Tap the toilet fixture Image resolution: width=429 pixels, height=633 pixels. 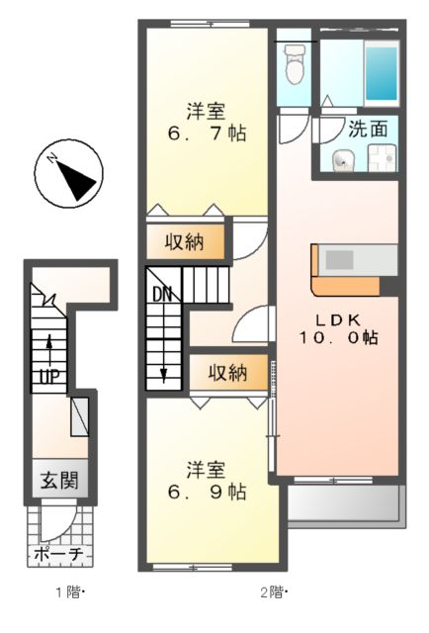click(294, 67)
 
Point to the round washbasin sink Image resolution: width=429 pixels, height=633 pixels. click(343, 159)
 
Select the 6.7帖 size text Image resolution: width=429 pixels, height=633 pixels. click(206, 133)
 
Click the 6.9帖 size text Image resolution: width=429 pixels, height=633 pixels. click(206, 490)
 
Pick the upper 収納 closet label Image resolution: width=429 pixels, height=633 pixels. click(185, 243)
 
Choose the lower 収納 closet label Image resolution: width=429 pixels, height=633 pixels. click(228, 373)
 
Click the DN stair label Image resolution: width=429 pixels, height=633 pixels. click(161, 293)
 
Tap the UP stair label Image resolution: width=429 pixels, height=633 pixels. click(46, 377)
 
